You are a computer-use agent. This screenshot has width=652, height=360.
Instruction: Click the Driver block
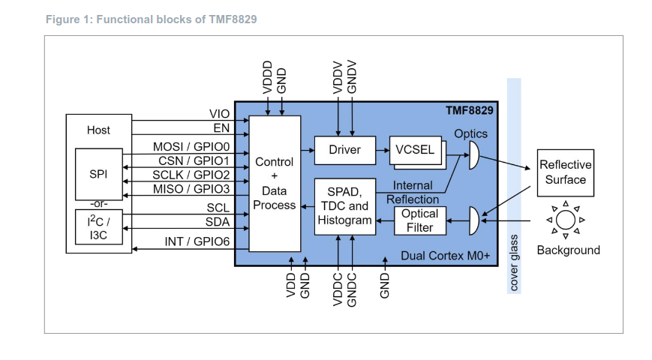(344, 149)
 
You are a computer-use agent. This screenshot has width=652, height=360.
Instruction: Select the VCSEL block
(415, 149)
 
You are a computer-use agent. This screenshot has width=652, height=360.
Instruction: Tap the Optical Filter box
(419, 220)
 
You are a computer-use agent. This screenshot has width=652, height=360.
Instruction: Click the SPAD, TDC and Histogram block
(344, 206)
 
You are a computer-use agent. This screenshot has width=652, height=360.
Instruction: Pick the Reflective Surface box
(565, 172)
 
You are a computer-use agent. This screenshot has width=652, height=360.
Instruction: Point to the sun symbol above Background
(566, 220)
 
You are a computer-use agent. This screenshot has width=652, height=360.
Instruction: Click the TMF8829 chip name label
(470, 111)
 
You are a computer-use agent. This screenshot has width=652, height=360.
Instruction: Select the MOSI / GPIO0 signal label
(191, 146)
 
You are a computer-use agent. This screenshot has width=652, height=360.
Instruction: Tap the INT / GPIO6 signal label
(197, 241)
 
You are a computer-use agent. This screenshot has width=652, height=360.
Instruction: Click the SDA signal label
(218, 222)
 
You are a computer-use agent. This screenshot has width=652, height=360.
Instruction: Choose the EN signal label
(221, 127)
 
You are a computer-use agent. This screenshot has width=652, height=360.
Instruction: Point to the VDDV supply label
(338, 77)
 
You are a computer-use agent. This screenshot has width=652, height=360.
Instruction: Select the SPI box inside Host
(98, 174)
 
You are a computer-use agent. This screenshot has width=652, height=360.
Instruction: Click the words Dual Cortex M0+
(445, 256)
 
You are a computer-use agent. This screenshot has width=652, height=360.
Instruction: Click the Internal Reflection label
(413, 192)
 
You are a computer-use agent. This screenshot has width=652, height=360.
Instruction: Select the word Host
(98, 130)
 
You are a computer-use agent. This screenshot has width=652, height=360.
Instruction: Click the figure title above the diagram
(151, 19)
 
